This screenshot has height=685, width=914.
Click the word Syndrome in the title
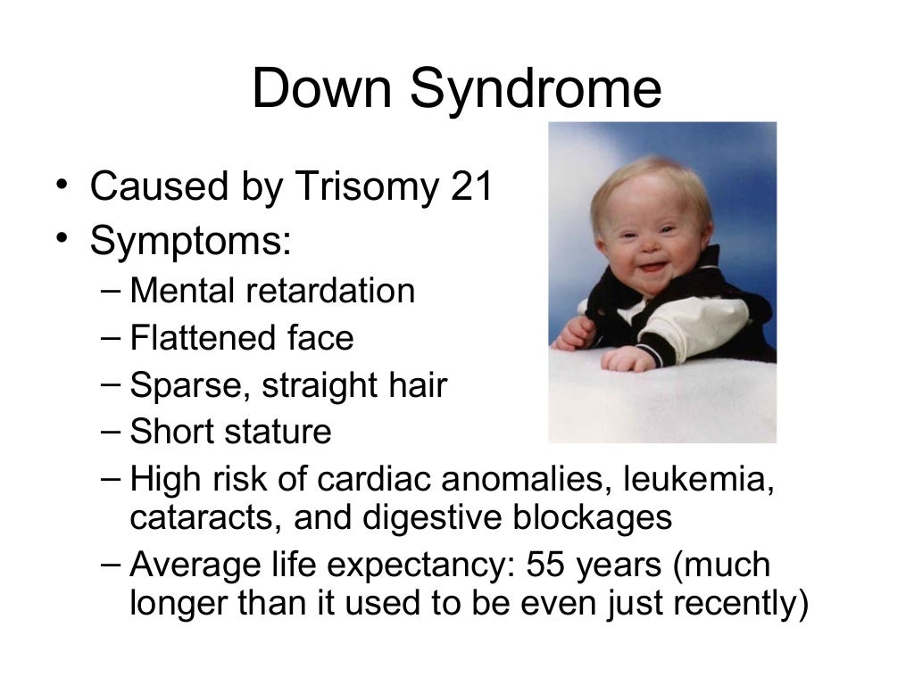click(x=536, y=91)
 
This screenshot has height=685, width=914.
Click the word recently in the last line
click(x=734, y=603)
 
